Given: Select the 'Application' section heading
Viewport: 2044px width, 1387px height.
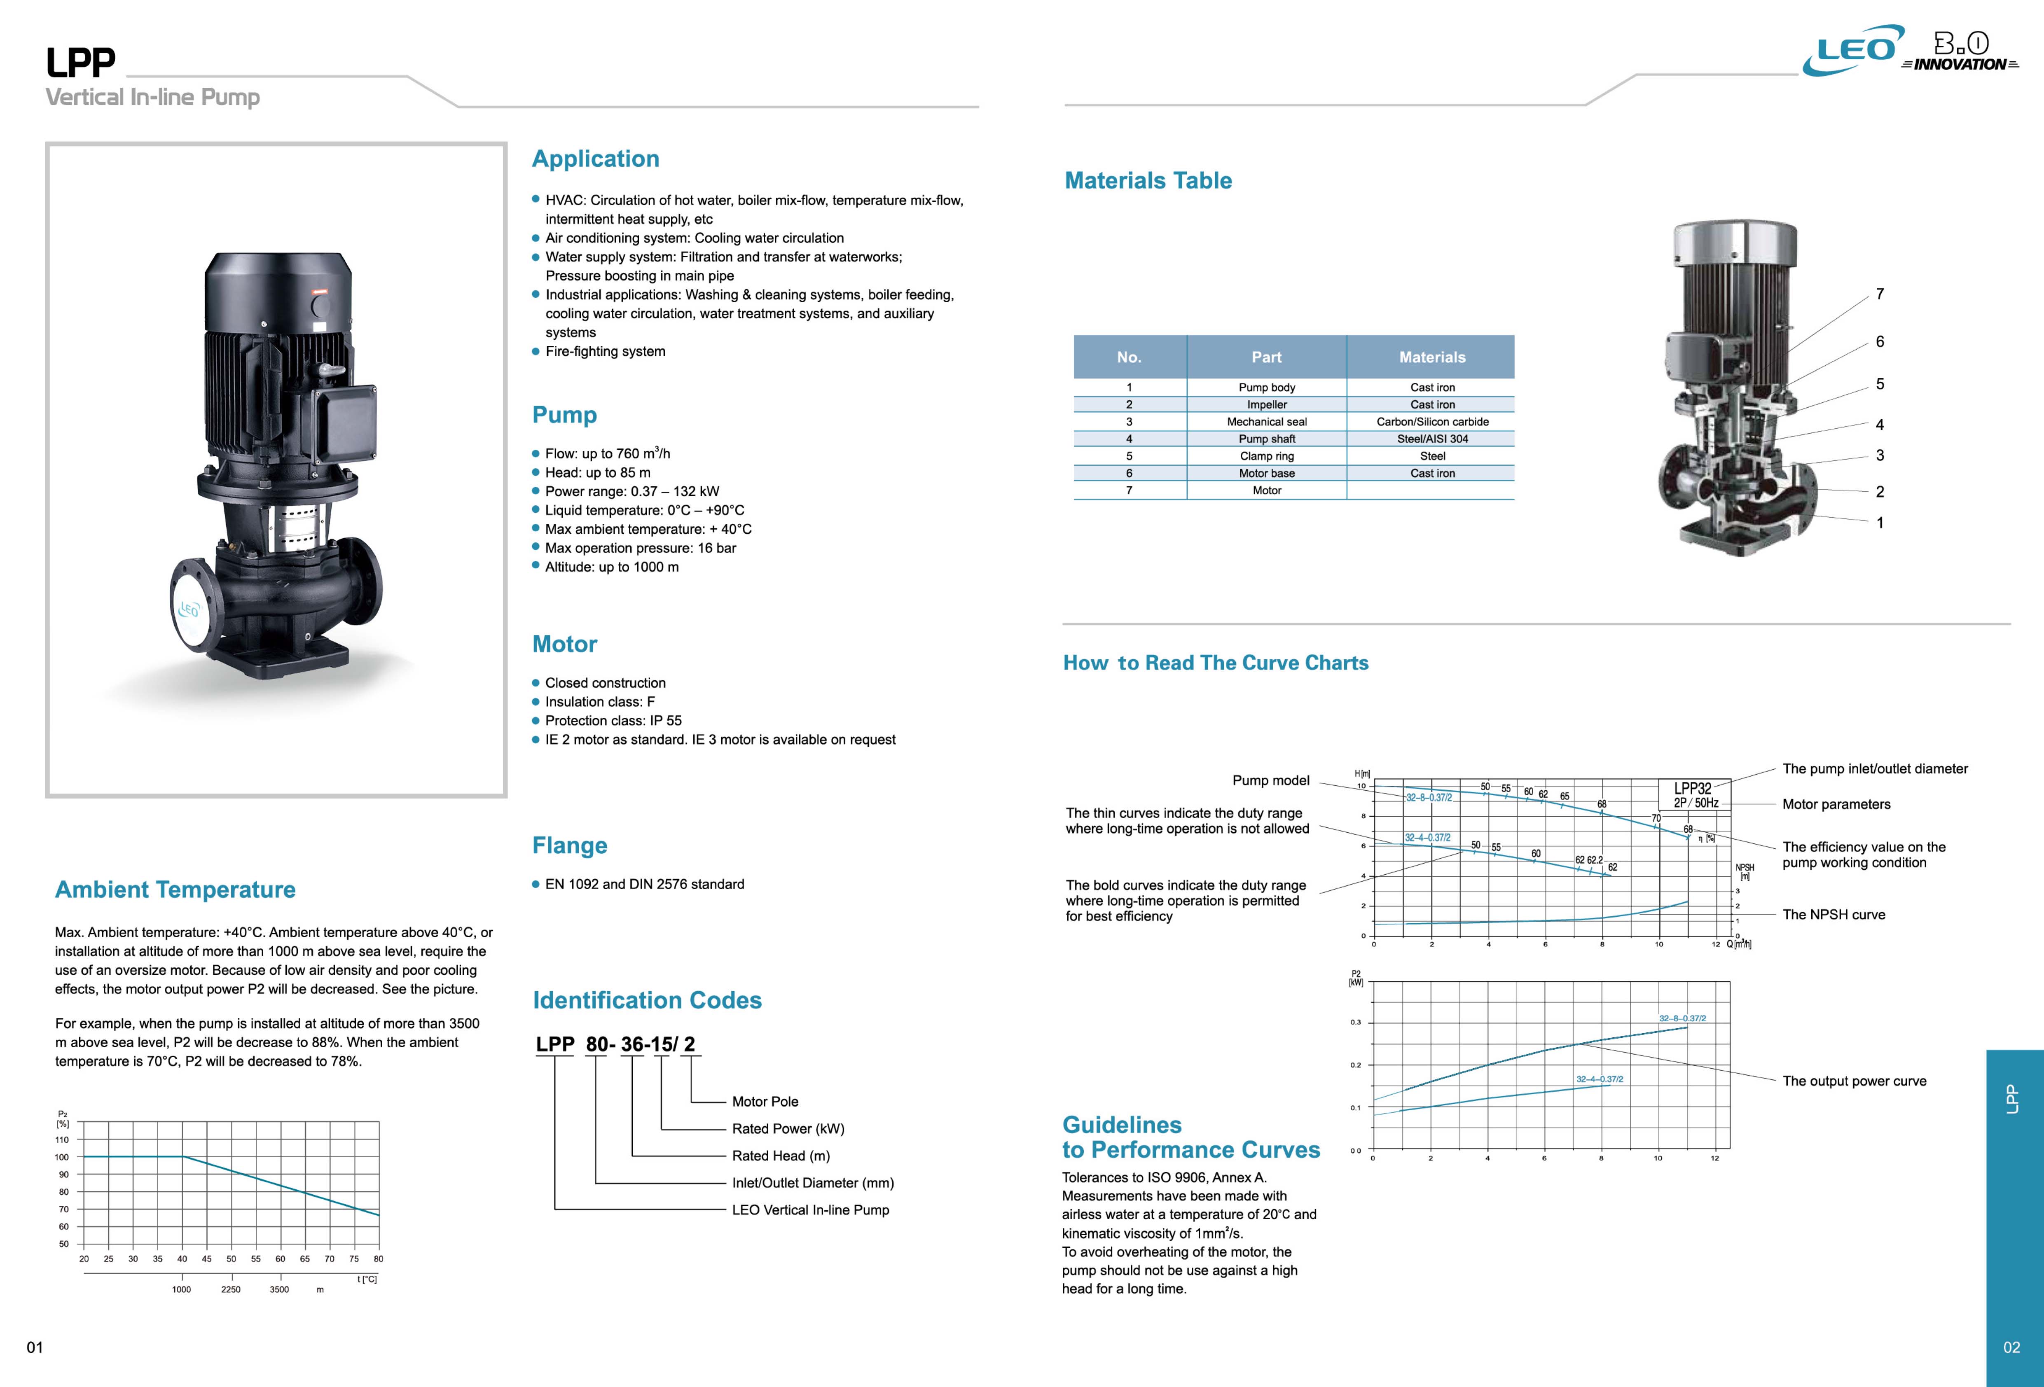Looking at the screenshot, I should click(x=595, y=159).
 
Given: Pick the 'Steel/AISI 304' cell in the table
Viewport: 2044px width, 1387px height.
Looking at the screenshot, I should click(x=1432, y=439).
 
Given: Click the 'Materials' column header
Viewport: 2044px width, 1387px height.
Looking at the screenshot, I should click(x=1432, y=357).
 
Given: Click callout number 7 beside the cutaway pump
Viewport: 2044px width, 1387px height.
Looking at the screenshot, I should click(x=1880, y=294).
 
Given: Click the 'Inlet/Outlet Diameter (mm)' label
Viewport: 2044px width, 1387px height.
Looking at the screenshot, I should click(x=813, y=1183).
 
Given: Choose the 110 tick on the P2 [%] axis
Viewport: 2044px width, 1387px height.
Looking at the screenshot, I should click(x=61, y=1140).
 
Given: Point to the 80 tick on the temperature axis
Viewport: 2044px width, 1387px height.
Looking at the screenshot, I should click(x=378, y=1259).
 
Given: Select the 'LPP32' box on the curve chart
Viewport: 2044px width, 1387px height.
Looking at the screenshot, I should click(x=1693, y=789).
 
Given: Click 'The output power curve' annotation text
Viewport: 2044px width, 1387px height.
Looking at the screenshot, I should click(x=1854, y=1081).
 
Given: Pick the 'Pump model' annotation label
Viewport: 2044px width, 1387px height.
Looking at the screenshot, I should click(x=1270, y=780).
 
